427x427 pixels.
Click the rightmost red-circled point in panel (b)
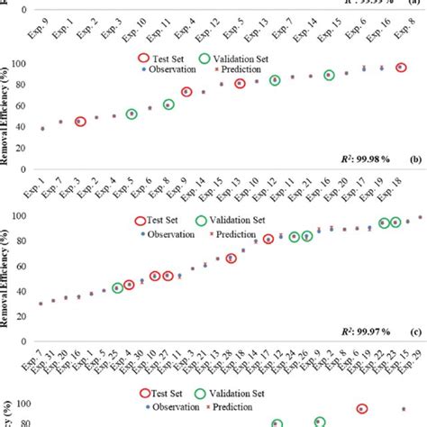401,68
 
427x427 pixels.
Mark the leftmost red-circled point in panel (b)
80,122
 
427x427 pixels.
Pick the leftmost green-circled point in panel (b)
132,114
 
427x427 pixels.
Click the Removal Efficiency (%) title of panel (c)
10,270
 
